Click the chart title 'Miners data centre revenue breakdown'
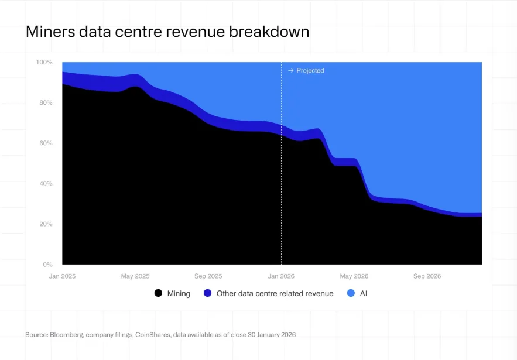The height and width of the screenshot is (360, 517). pyautogui.click(x=167, y=32)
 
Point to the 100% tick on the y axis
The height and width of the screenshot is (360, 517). pyautogui.click(x=44, y=62)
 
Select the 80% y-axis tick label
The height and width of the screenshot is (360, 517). pyautogui.click(x=46, y=103)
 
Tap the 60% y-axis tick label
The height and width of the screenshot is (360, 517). pyautogui.click(x=46, y=143)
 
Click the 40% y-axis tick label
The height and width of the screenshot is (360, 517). pyautogui.click(x=46, y=184)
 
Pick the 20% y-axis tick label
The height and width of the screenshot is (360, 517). pyautogui.click(x=46, y=224)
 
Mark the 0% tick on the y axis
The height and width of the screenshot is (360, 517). pyautogui.click(x=47, y=265)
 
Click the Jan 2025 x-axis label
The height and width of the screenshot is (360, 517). pyautogui.click(x=62, y=276)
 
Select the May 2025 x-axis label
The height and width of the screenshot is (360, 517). pyautogui.click(x=135, y=276)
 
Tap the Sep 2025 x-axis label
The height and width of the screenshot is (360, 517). pyautogui.click(x=208, y=276)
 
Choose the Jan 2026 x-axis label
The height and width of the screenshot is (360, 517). pyautogui.click(x=281, y=276)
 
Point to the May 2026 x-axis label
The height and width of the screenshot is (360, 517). pyautogui.click(x=354, y=276)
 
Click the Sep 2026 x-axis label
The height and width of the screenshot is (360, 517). pyautogui.click(x=427, y=276)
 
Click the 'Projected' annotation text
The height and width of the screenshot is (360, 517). pyautogui.click(x=310, y=71)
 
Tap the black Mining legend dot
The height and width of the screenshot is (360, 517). pyautogui.click(x=158, y=293)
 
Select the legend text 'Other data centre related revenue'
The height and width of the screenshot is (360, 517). pyautogui.click(x=275, y=293)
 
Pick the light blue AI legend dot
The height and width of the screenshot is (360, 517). pyautogui.click(x=351, y=293)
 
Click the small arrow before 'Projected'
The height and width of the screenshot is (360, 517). pyautogui.click(x=290, y=71)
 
